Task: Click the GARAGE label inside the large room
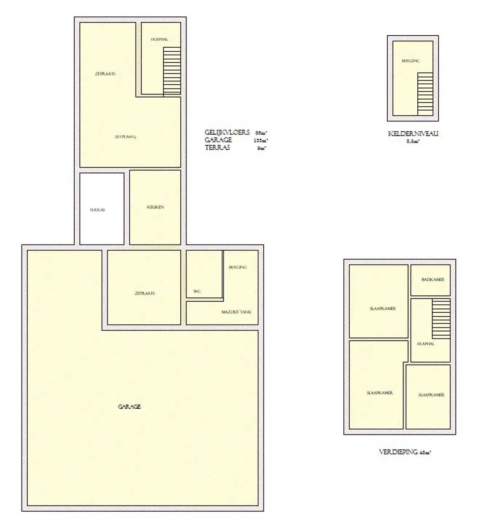coord(129,406)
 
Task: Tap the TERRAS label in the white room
coord(98,210)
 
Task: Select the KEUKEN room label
coord(156,207)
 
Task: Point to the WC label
coord(197,291)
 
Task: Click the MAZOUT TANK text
coord(236,312)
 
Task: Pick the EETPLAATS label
coord(126,137)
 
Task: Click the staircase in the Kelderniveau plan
coord(425,94)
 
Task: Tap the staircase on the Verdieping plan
coord(441,319)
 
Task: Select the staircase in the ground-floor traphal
coord(172,71)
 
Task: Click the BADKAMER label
coord(433,279)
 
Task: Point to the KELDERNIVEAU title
coord(413,134)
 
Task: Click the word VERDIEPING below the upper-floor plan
coord(398,452)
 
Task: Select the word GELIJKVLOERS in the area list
coord(227,132)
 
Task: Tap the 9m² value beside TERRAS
coord(261,148)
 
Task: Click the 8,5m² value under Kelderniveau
coord(413,141)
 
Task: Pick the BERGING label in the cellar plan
coord(411,61)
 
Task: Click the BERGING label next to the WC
coord(238,267)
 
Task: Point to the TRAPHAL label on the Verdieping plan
coord(426,344)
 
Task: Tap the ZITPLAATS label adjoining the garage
coord(145,293)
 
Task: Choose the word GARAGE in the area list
coord(218,140)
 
